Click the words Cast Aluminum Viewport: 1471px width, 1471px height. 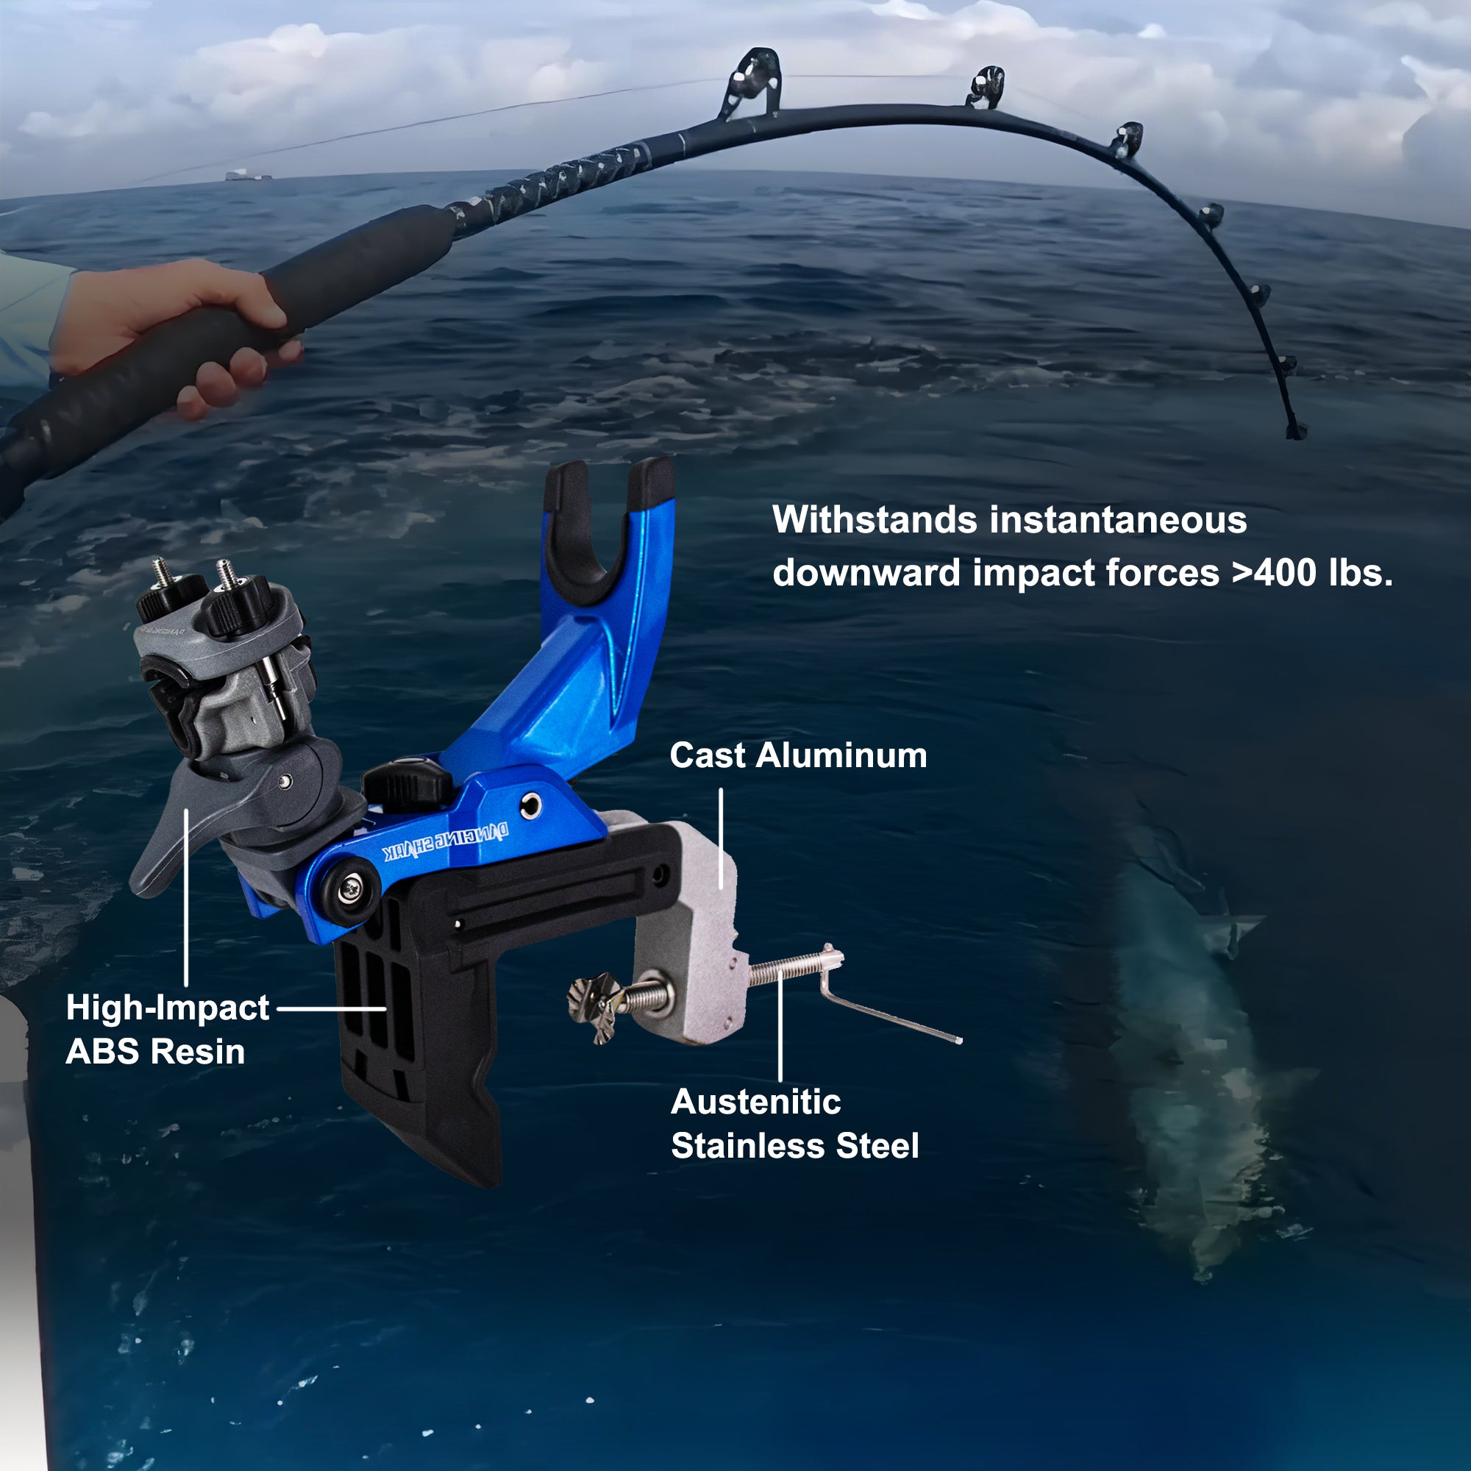[x=798, y=756]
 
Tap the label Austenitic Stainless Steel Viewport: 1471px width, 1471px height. [x=795, y=1124]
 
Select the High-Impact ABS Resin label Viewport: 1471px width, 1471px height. [x=168, y=1030]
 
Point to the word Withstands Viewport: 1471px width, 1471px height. [x=875, y=520]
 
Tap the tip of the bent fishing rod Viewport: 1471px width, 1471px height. [x=1297, y=432]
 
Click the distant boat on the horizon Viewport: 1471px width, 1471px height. [x=248, y=176]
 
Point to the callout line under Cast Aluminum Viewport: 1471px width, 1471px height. [x=720, y=838]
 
